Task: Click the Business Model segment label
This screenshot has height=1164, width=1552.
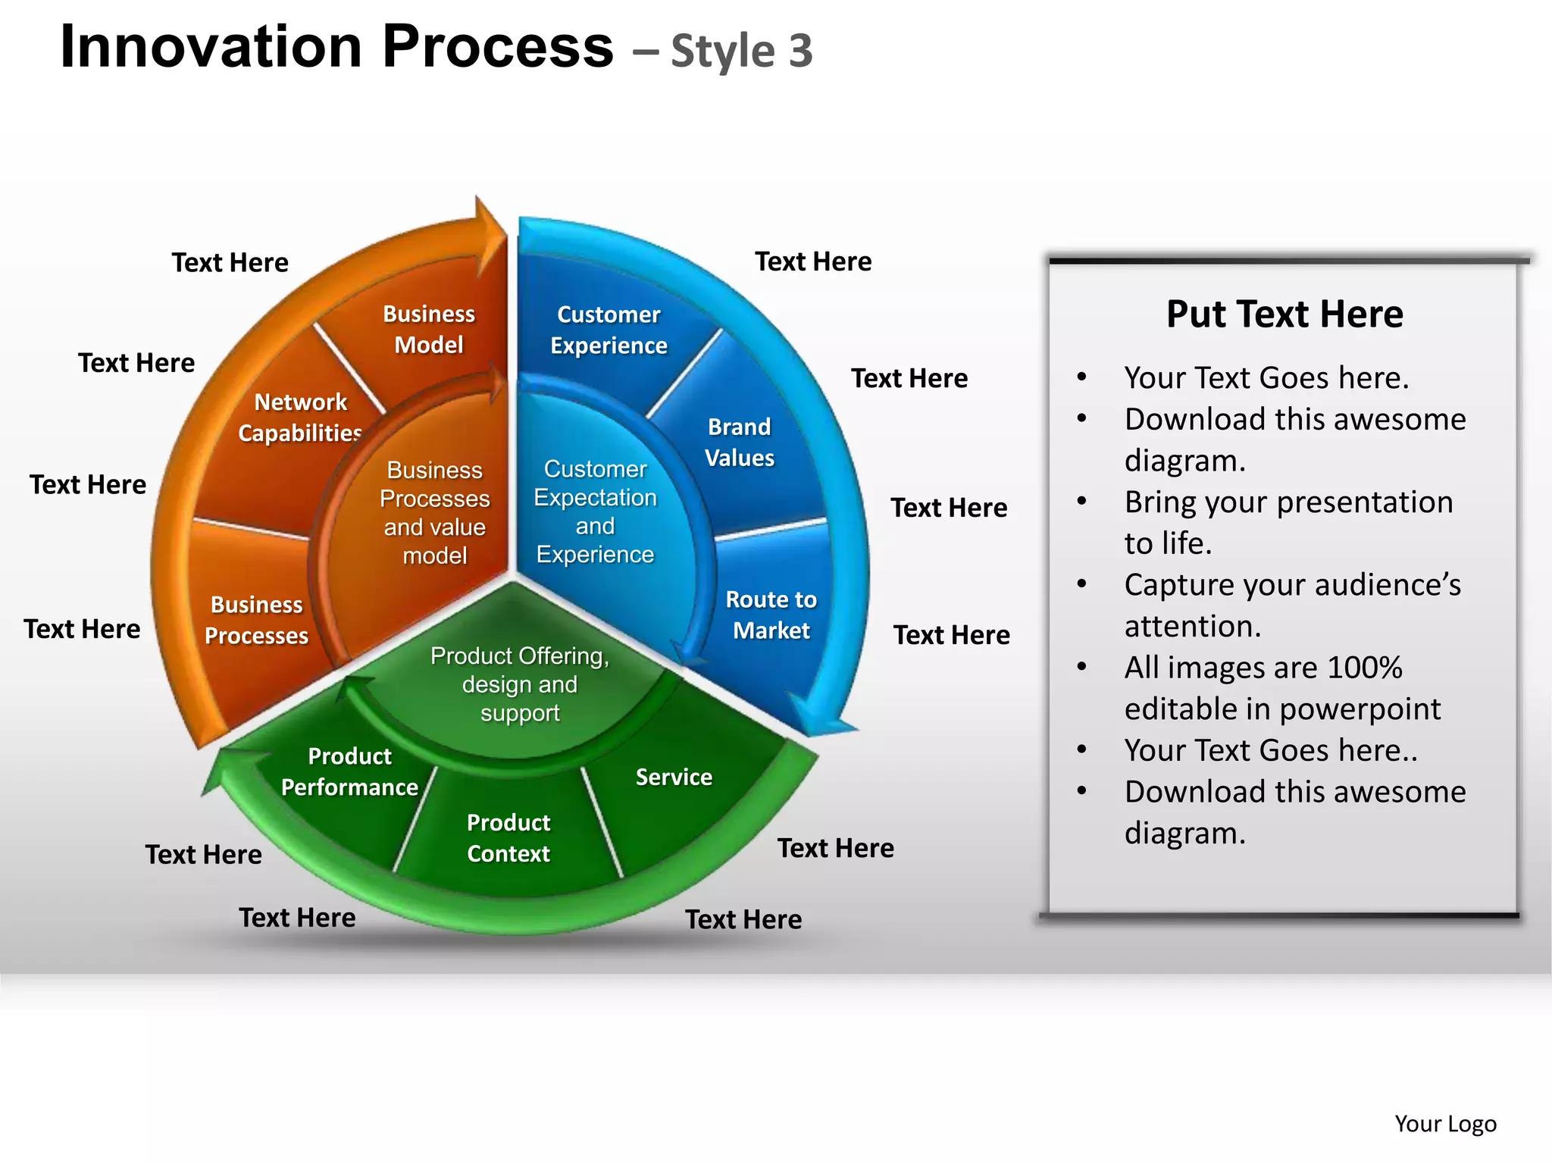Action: [x=429, y=330]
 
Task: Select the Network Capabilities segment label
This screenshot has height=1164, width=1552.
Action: [x=300, y=418]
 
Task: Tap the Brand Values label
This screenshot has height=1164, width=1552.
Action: [x=740, y=443]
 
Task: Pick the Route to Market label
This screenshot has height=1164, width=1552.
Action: [x=771, y=615]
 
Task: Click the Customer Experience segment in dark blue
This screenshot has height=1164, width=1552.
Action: [x=609, y=330]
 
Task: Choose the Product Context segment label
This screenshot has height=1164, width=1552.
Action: [x=508, y=838]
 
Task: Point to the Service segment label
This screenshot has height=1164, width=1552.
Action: [x=674, y=777]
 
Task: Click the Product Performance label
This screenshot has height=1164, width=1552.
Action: [x=349, y=771]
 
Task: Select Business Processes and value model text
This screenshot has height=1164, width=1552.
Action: [x=434, y=513]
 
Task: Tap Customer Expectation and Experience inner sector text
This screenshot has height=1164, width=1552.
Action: [x=595, y=512]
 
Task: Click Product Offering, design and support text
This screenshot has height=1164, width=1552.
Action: [x=520, y=684]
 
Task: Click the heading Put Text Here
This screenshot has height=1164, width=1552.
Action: [x=1284, y=314]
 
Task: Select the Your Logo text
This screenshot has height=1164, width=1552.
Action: [x=1445, y=1124]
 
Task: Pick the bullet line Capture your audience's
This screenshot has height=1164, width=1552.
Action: [x=1292, y=585]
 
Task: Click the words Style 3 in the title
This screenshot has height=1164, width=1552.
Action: [x=741, y=52]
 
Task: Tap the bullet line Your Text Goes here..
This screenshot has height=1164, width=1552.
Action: [x=1266, y=378]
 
